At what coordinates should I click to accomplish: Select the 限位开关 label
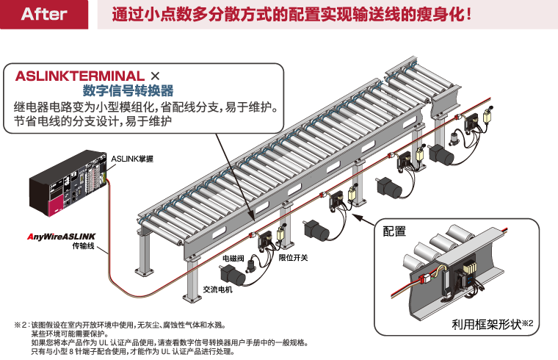click(294, 258)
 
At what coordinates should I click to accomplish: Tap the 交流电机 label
click(217, 289)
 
